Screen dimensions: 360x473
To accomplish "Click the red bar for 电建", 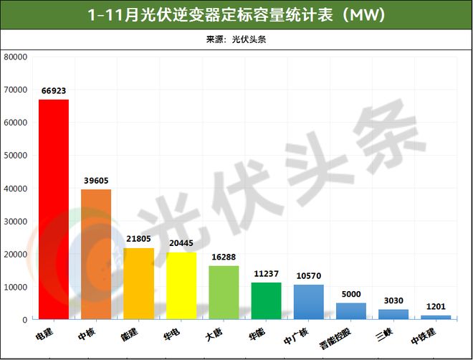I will (x=54, y=209).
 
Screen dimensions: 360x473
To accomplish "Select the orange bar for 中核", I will (x=96, y=254).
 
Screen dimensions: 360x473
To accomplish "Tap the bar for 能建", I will (x=138, y=283).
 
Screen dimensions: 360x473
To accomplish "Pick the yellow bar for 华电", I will (x=181, y=285).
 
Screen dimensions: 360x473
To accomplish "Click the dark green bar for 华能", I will (x=266, y=300).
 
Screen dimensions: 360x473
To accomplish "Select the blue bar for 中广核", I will (x=309, y=302).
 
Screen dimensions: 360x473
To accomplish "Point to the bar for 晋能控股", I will (x=351, y=311).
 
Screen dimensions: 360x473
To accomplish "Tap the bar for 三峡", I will (x=393, y=314).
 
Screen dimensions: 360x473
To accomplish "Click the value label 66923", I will (x=54, y=91).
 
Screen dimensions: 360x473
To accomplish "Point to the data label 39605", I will (x=96, y=181).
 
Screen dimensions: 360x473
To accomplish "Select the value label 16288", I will (x=224, y=257).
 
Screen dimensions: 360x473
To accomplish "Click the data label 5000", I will (x=351, y=294).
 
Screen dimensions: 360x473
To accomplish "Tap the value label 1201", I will (x=436, y=307).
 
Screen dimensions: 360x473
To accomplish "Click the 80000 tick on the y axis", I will (x=15, y=57).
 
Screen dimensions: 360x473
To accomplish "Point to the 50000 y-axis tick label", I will (x=15, y=155).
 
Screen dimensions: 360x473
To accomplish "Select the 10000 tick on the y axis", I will (x=15, y=287).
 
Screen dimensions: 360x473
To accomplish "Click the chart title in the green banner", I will (x=236, y=14).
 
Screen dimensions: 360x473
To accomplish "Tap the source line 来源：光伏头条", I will (x=236, y=39).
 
